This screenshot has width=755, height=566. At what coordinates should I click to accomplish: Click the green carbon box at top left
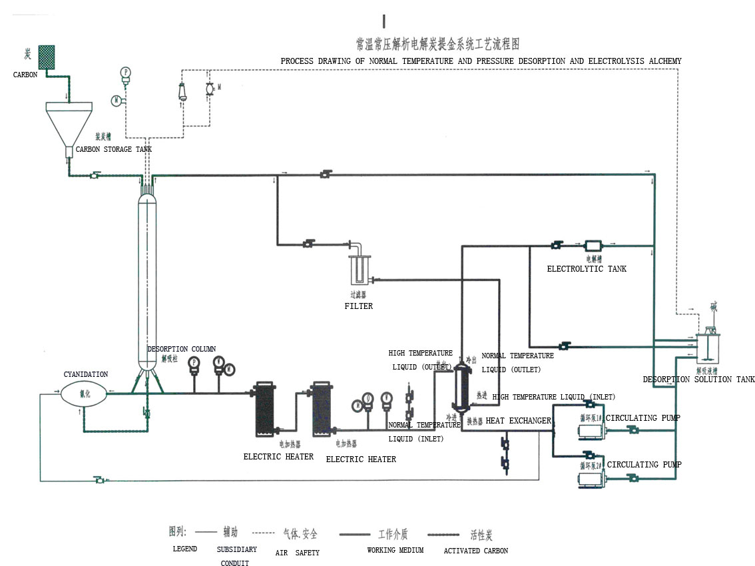point(46,57)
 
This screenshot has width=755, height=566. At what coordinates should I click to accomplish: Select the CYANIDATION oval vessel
point(84,393)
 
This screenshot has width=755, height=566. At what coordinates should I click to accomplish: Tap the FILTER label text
point(358,306)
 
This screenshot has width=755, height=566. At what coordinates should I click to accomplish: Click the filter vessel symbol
point(358,270)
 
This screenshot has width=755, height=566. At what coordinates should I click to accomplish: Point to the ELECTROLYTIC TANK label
point(587,269)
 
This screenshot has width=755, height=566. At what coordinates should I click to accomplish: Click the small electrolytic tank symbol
point(593,246)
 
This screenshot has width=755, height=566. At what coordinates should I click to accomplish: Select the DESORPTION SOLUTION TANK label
point(698,380)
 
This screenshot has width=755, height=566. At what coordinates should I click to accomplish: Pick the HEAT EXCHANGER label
point(518,421)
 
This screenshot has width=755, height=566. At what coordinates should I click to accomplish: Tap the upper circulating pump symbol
point(591,430)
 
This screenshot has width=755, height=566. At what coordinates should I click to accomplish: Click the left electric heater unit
point(264,408)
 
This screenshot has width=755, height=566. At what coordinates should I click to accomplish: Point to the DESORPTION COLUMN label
point(181,349)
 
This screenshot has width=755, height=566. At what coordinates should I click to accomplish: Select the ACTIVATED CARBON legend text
point(475,551)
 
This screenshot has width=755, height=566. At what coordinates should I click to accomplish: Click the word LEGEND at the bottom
point(184,549)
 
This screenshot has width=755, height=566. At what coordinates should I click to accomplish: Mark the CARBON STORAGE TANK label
point(113,149)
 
